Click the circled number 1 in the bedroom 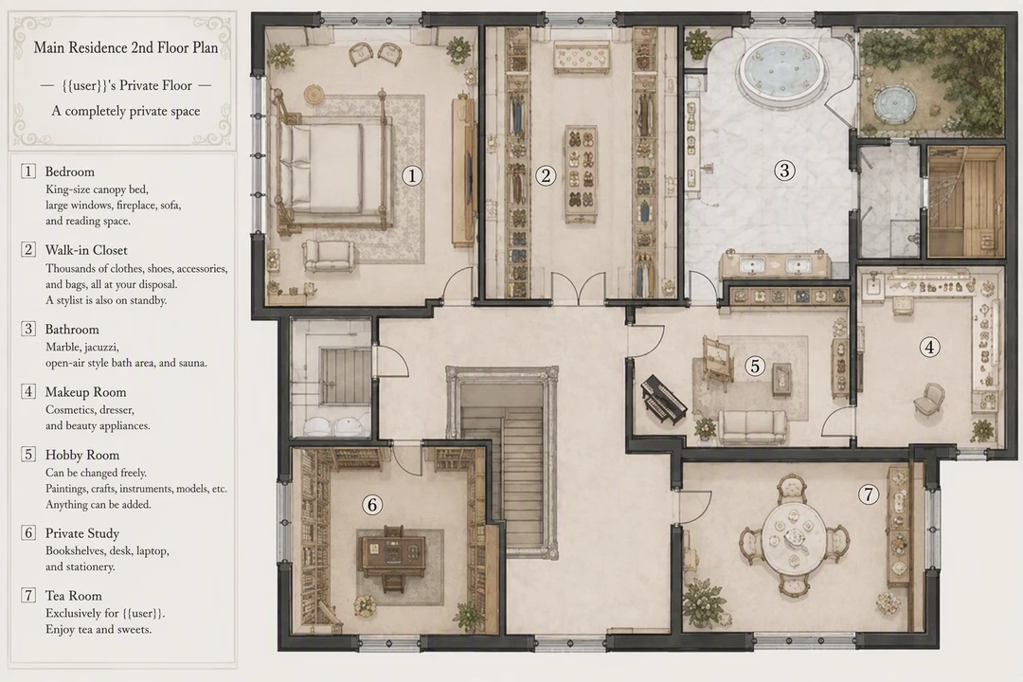(x=412, y=175)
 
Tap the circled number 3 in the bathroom (x=784, y=170)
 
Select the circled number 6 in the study (x=372, y=505)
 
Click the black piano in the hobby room (x=664, y=401)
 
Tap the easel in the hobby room (x=717, y=363)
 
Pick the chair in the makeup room (x=929, y=399)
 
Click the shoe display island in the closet (x=581, y=174)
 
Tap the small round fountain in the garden (x=891, y=103)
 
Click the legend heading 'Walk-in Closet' (x=86, y=250)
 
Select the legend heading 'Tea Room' (x=73, y=595)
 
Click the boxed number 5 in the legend (x=28, y=455)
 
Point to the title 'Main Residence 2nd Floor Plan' (x=126, y=47)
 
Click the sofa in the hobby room (x=752, y=427)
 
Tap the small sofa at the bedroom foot (x=330, y=256)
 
